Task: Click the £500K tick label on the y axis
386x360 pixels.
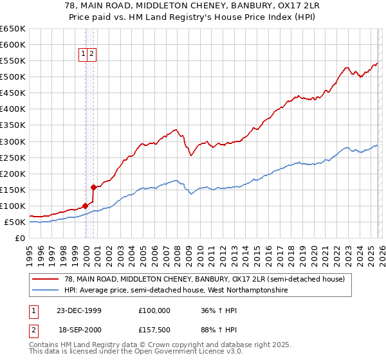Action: (x=13, y=77)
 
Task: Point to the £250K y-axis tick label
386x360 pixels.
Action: (x=13, y=157)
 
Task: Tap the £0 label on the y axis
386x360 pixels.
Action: (x=20, y=238)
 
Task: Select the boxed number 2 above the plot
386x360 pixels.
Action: (x=93, y=55)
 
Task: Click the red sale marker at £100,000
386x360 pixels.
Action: (x=86, y=206)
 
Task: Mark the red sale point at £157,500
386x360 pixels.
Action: (x=94, y=188)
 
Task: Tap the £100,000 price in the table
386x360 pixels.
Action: (x=154, y=310)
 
